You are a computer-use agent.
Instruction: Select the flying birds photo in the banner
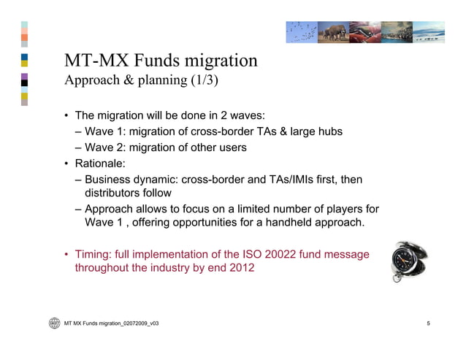pos(301,32)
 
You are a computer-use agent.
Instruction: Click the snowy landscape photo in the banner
pos(429,32)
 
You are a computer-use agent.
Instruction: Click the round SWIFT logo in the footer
pos(54,323)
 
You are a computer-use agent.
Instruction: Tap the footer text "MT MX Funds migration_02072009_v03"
pos(112,323)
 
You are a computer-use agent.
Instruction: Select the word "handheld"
pos(286,222)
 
